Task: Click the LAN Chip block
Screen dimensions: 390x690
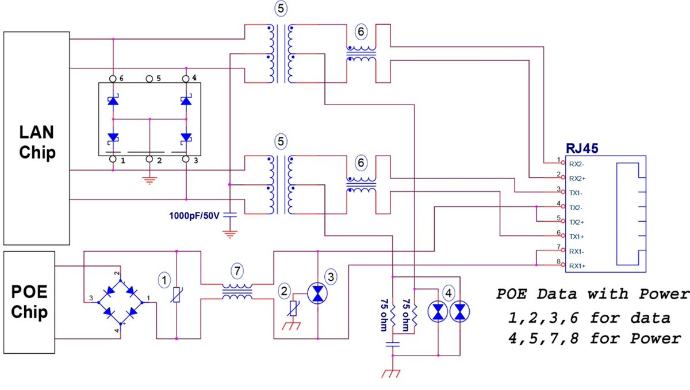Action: [37, 138]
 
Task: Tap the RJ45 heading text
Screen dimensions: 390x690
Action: [582, 148]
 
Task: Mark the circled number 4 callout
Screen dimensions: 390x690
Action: [448, 290]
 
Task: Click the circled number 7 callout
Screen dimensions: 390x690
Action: [237, 270]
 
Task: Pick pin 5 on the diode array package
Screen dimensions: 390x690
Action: [149, 78]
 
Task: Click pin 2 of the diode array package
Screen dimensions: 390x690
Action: [149, 159]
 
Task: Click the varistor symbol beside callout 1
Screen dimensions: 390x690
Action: [177, 295]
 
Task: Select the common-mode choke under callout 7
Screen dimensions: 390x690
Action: [237, 291]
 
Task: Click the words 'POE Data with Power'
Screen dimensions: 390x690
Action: [592, 295]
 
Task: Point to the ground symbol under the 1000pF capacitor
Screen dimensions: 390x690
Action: [230, 233]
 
